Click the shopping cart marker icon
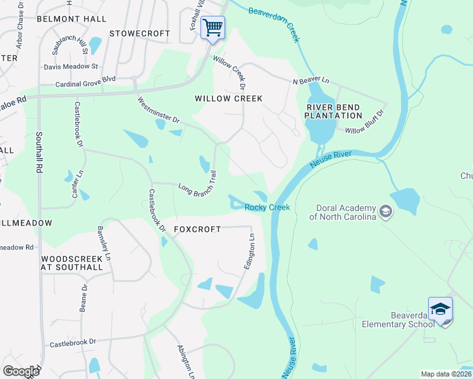click(x=213, y=28)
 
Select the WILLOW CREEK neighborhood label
click(x=228, y=99)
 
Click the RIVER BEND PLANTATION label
click(x=334, y=111)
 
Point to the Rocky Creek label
click(x=267, y=208)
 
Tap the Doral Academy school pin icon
click(x=385, y=212)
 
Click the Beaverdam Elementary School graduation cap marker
click(x=440, y=309)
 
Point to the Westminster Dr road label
click(x=159, y=111)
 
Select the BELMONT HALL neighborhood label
click(x=71, y=19)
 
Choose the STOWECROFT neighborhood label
click(x=140, y=33)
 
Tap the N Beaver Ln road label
click(x=311, y=81)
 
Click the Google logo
click(x=21, y=371)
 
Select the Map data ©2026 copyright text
click(x=446, y=374)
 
